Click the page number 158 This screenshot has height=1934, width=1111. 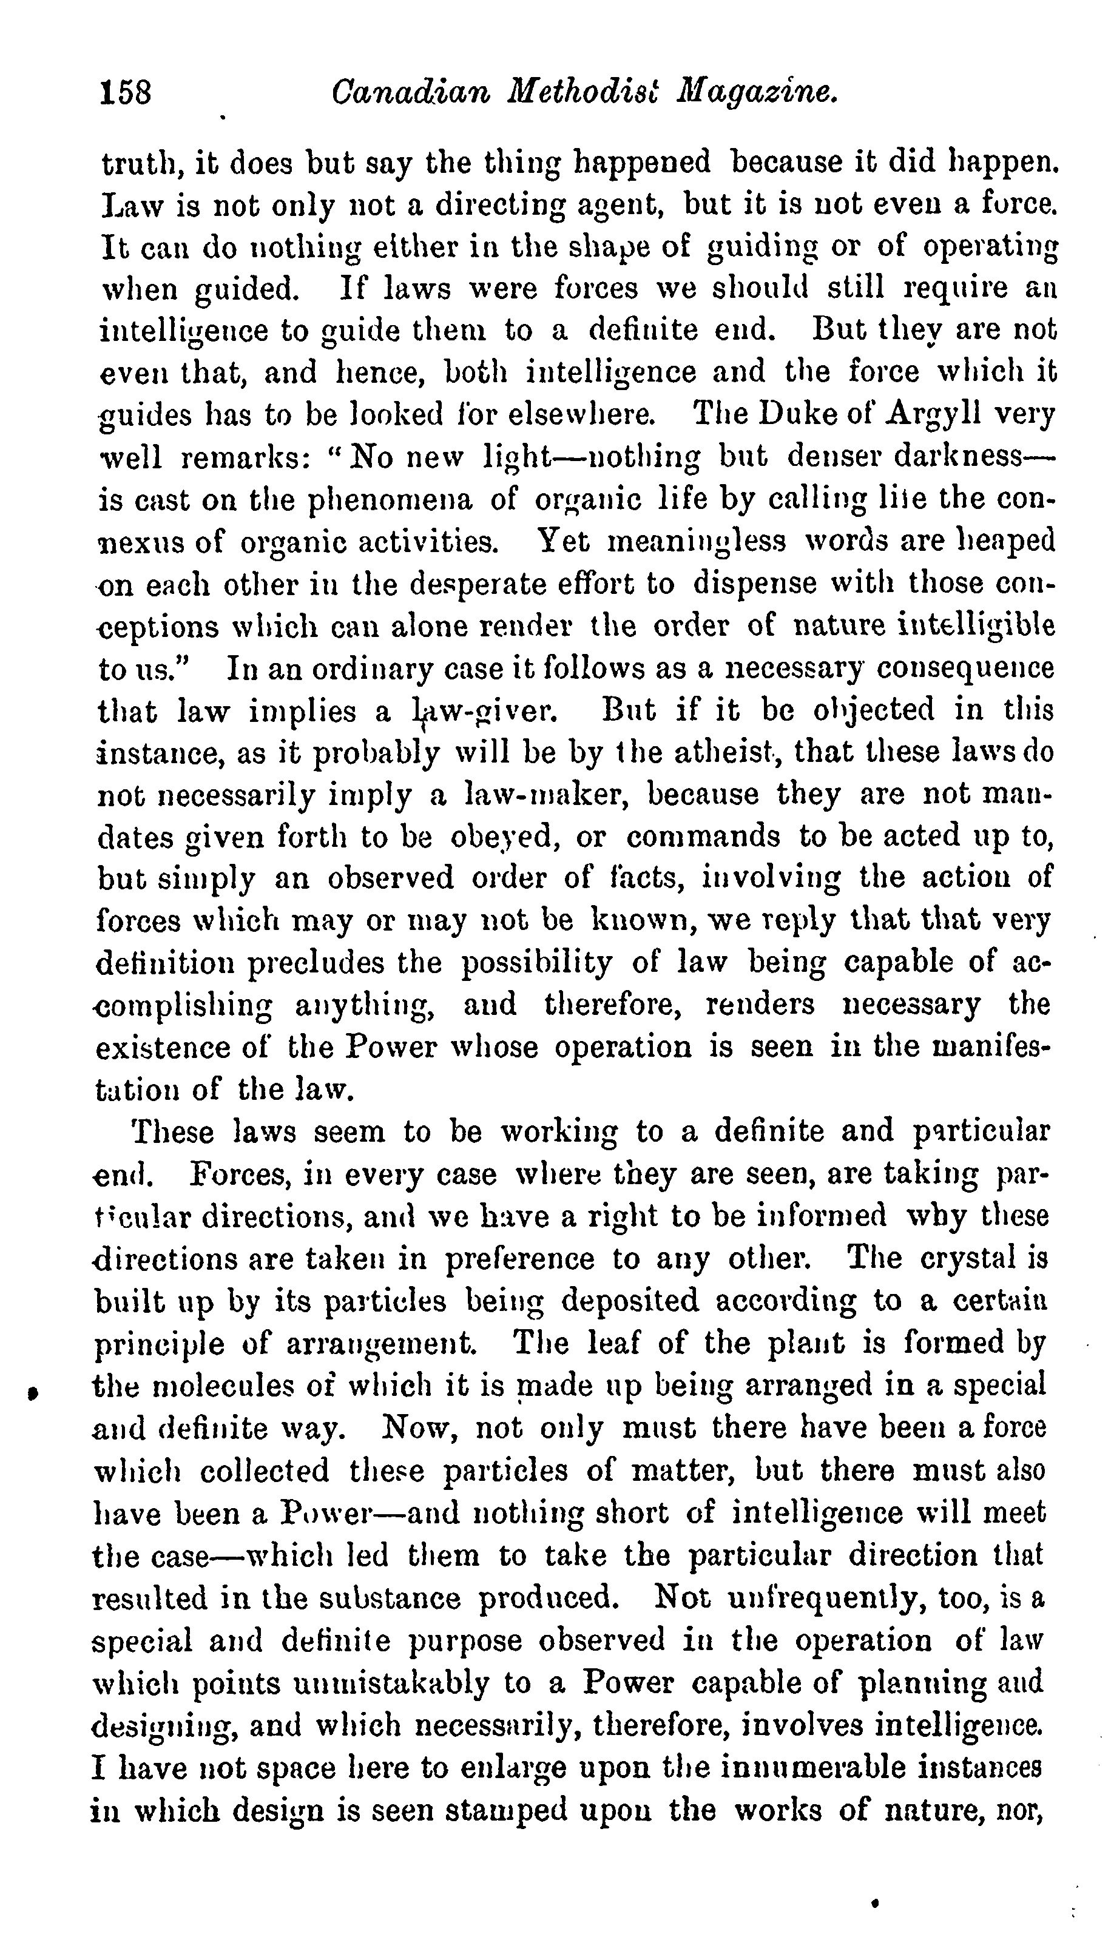pyautogui.click(x=126, y=94)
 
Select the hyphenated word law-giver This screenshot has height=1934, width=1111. pyautogui.click(x=485, y=712)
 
